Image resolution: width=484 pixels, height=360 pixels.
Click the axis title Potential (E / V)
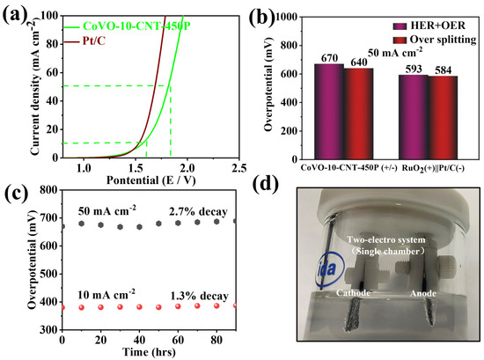150,180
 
